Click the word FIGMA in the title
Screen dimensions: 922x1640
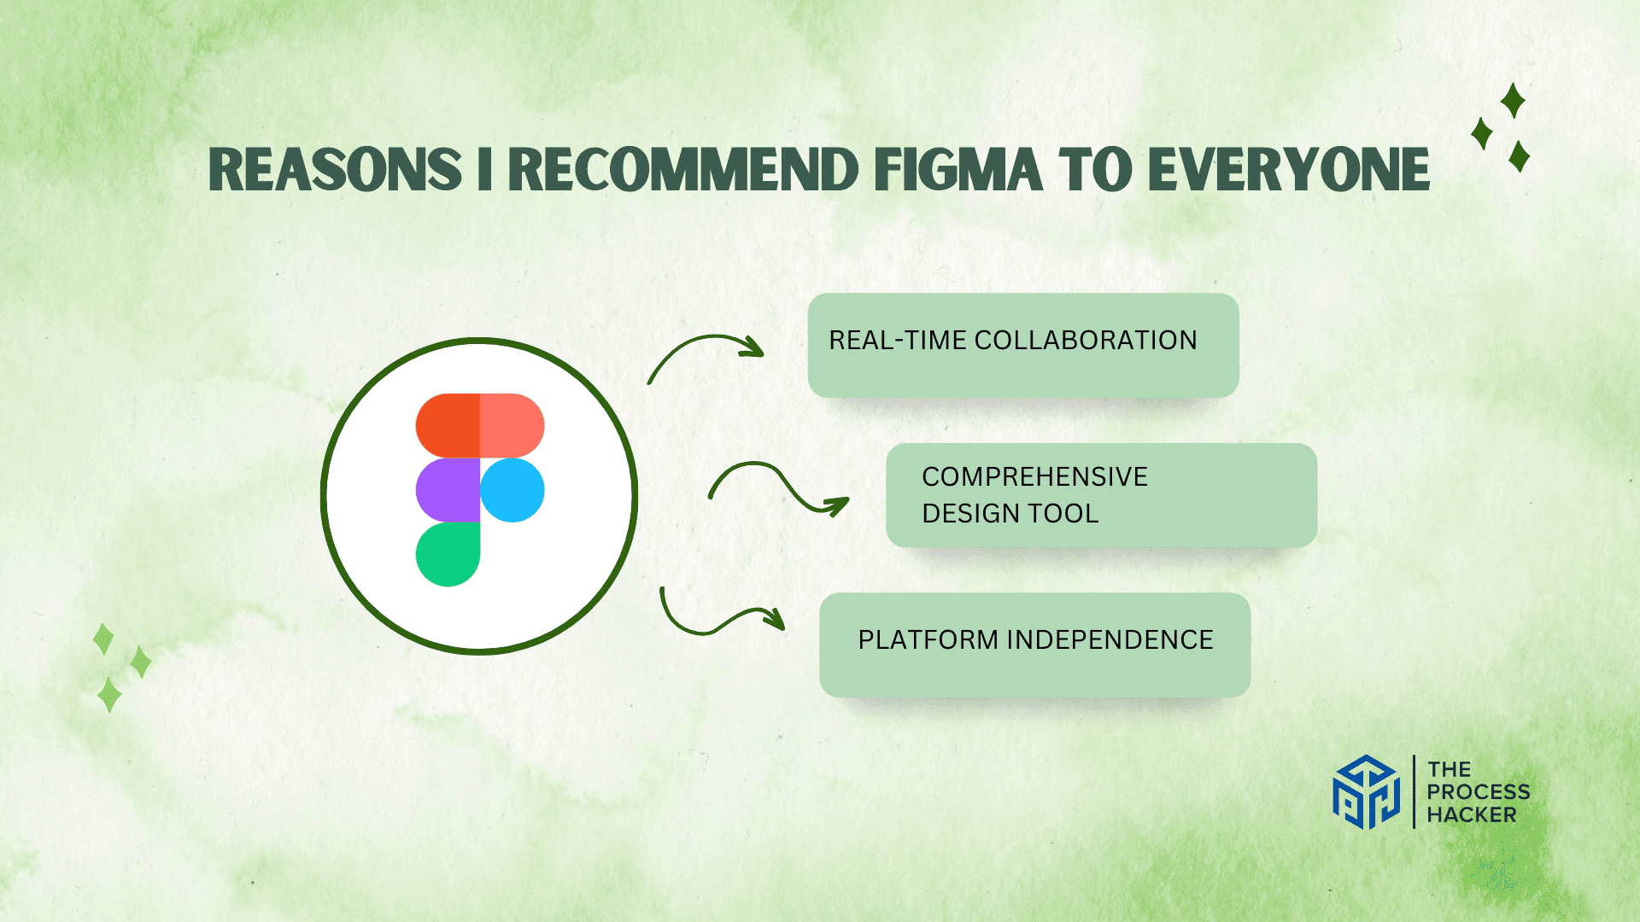click(957, 170)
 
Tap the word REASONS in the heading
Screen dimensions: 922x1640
click(335, 170)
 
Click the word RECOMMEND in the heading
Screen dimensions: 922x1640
click(683, 170)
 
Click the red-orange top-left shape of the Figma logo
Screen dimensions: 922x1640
click(448, 425)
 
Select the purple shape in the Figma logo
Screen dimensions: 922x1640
click(448, 490)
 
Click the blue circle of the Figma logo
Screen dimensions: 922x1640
click(512, 490)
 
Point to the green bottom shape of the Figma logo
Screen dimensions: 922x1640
click(448, 555)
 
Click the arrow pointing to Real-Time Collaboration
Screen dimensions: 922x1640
click(706, 350)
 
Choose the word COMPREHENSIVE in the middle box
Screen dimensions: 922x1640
click(1034, 476)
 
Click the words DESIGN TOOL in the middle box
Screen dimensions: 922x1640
click(1010, 514)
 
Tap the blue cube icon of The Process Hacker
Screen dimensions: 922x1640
click(1366, 792)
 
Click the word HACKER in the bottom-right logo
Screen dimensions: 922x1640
click(1471, 815)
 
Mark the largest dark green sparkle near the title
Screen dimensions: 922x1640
click(1513, 101)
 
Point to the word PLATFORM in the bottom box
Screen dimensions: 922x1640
click(928, 640)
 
